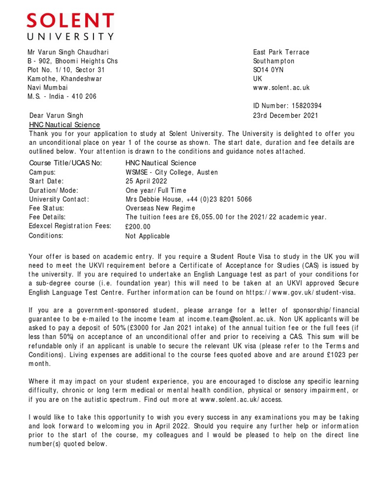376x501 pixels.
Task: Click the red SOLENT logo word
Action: click(x=70, y=22)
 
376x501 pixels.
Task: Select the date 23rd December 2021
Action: click(x=285, y=115)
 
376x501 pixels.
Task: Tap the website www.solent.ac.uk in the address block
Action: click(x=281, y=88)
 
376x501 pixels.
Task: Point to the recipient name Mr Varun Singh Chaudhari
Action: click(x=68, y=52)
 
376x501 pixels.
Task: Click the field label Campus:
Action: click(x=43, y=172)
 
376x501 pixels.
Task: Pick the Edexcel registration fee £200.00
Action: click(x=138, y=227)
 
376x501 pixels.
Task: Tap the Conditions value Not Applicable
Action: click(x=147, y=236)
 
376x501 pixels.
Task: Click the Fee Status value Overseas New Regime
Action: click(x=161, y=208)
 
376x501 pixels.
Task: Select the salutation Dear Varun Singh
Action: click(x=56, y=116)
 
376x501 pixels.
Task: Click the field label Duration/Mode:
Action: click(x=53, y=190)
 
